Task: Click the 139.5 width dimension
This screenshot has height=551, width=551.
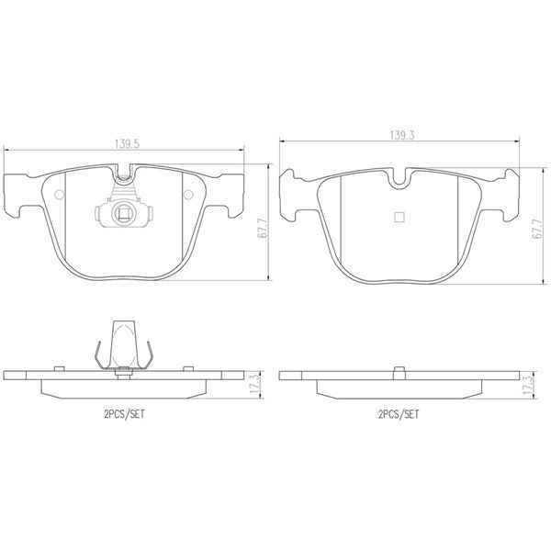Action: [128, 144]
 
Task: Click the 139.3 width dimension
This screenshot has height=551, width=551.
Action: [402, 135]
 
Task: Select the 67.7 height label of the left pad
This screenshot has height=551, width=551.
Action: [263, 228]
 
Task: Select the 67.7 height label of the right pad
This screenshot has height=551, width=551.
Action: [537, 229]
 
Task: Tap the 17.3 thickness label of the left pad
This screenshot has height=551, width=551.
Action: [255, 384]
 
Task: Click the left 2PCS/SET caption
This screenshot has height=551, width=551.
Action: [124, 414]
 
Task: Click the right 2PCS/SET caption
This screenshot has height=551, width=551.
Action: [399, 414]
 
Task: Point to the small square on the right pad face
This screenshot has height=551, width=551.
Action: [399, 218]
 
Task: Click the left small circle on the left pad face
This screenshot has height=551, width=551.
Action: [60, 195]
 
